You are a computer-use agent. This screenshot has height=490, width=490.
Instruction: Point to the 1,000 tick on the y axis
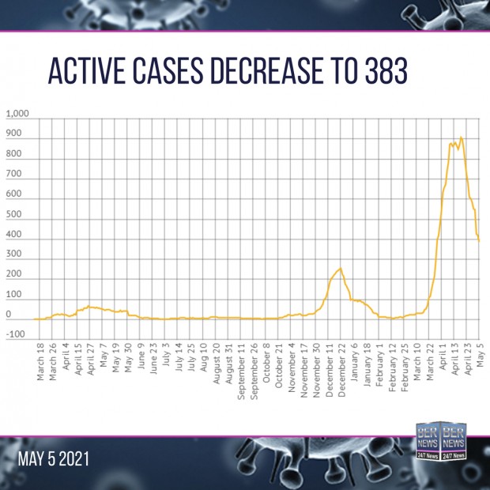coord(17,115)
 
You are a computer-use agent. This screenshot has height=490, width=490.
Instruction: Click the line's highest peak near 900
coord(462,138)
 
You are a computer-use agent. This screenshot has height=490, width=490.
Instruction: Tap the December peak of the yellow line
coord(340,269)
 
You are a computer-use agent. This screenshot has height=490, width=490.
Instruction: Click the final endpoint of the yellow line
coord(479,241)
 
